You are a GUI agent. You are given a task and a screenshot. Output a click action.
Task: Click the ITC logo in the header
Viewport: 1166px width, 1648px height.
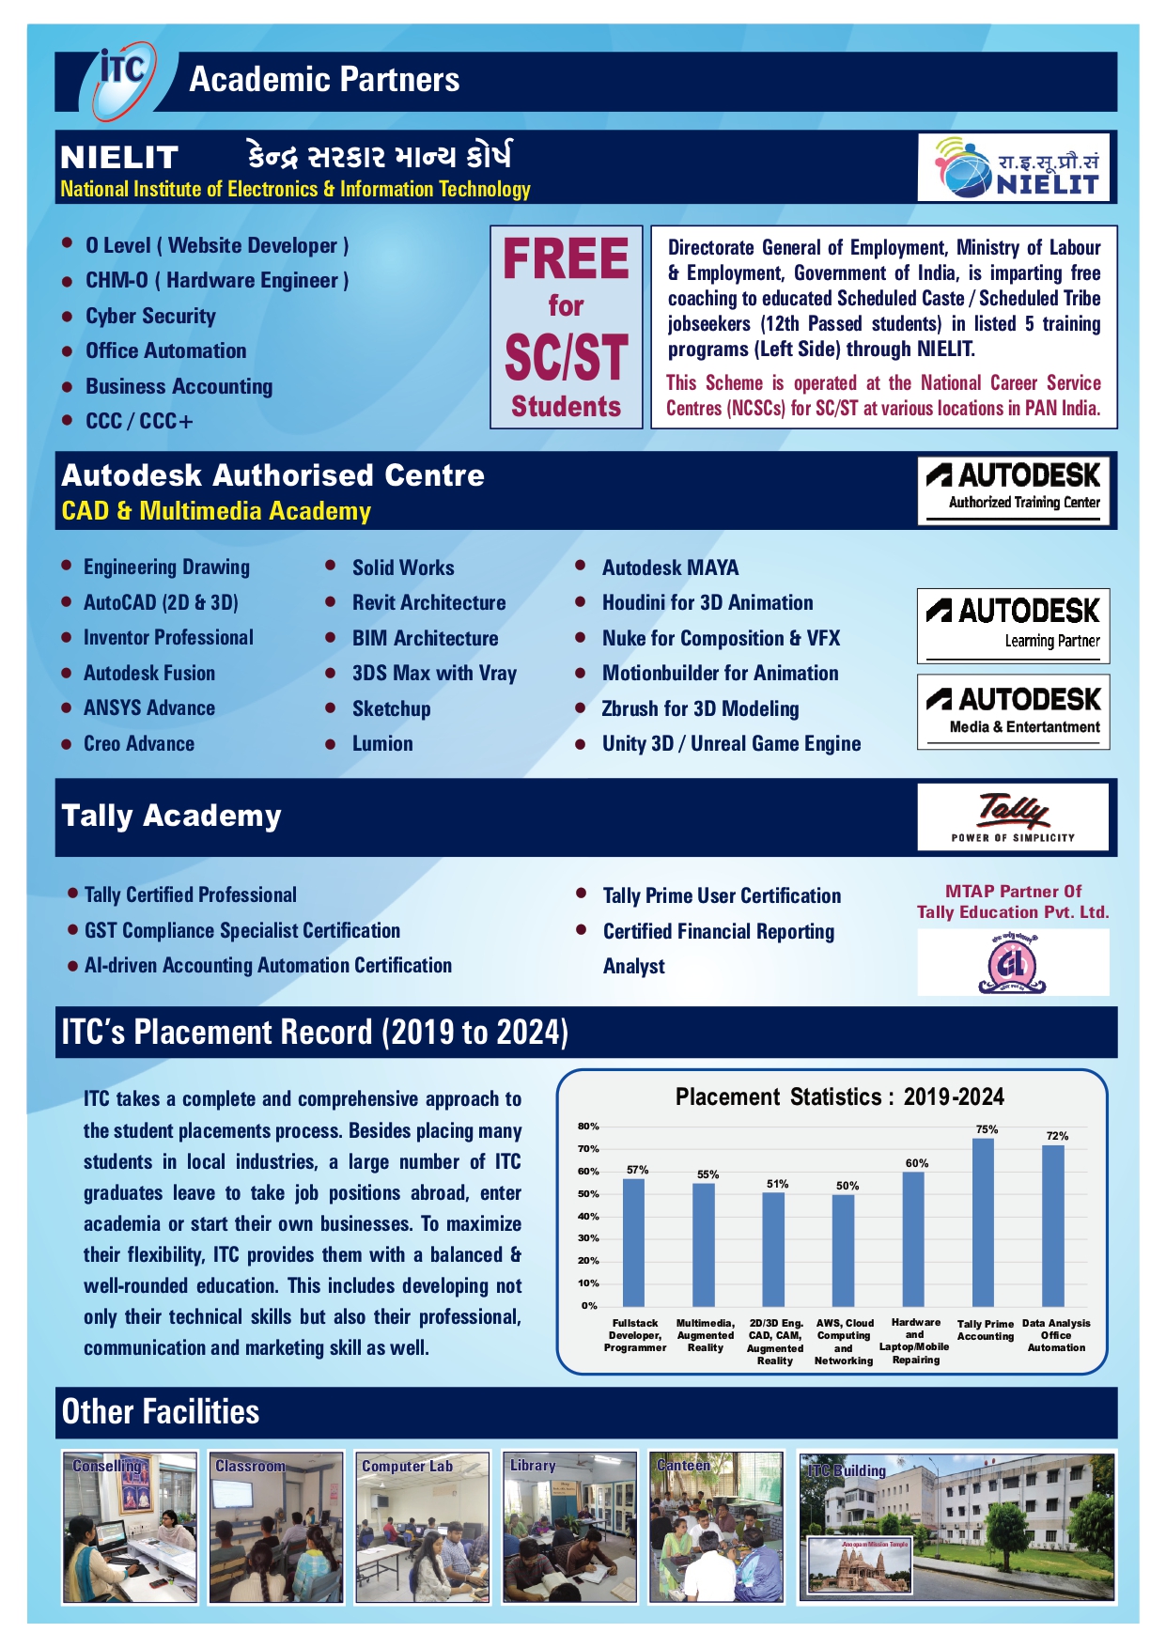[122, 79]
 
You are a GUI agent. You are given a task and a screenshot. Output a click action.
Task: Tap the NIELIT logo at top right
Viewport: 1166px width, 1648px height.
[1013, 167]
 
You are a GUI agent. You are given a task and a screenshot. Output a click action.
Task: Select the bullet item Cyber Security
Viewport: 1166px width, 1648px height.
[150, 316]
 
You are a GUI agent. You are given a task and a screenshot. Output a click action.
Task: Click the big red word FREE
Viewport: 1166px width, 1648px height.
[566, 259]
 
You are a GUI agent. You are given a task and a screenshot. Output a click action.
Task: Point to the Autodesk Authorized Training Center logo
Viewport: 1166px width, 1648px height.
[1014, 488]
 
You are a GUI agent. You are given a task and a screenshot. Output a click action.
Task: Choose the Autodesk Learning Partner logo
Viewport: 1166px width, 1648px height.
[1013, 625]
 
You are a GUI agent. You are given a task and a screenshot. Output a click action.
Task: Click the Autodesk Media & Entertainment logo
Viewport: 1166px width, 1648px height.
[1013, 711]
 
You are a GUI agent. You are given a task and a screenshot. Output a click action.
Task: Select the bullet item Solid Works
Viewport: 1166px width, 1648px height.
[402, 567]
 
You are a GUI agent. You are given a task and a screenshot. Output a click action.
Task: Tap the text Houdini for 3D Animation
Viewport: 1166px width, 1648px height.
[707, 603]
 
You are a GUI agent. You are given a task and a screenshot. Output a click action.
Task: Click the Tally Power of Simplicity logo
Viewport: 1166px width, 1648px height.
[1013, 817]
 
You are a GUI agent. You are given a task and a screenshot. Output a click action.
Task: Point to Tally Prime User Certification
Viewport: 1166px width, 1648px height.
[722, 895]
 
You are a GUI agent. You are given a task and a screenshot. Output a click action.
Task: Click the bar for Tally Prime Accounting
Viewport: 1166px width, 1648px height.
[983, 1221]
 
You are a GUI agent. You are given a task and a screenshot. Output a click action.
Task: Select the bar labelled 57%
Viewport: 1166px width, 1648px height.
[634, 1241]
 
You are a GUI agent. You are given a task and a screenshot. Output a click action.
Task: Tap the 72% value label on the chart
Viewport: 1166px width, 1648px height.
[1057, 1136]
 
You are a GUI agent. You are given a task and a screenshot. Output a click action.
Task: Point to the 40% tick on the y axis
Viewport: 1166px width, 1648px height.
[588, 1216]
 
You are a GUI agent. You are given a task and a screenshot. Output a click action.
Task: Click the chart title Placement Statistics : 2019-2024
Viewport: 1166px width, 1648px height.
[839, 1097]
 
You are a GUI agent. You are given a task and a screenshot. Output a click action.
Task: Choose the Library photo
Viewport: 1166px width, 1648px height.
[569, 1527]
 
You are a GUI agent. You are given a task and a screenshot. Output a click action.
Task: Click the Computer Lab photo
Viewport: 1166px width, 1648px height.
[422, 1527]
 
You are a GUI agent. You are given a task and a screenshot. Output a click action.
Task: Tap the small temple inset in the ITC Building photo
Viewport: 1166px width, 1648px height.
[861, 1564]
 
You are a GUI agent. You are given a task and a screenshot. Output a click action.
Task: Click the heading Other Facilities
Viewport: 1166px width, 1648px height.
[161, 1411]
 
